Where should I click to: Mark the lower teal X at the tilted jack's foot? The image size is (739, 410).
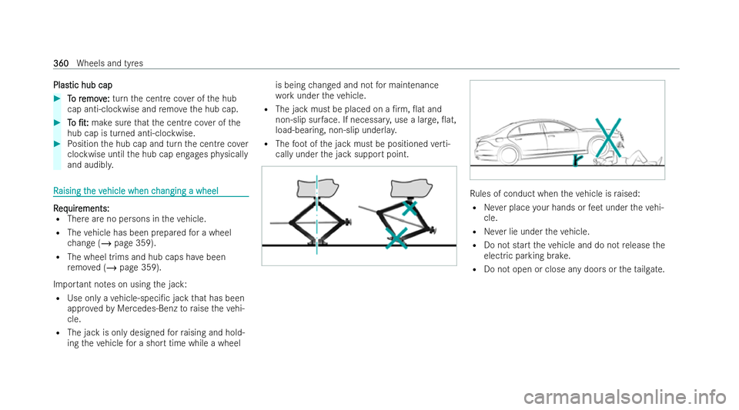click(395, 239)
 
